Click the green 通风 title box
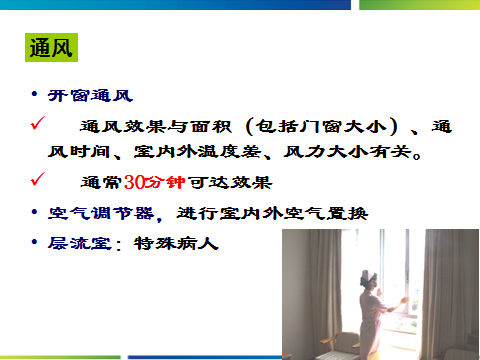pos(51,47)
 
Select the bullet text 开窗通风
pos(90,96)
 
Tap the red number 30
pos(134,182)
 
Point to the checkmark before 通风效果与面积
pos(38,123)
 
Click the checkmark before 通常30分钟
pos(38,179)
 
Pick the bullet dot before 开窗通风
pos(34,94)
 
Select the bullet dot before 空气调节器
pos(34,212)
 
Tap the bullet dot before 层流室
pos(34,242)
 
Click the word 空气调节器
pos(101,213)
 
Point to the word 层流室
pos(79,243)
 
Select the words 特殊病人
pos(176,243)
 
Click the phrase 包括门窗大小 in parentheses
pos(322,127)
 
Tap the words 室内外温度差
pos(198,152)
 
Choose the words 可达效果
pos(230,182)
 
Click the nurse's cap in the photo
pos(368,277)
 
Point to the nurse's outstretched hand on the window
pos(405,299)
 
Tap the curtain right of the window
pos(451,292)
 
